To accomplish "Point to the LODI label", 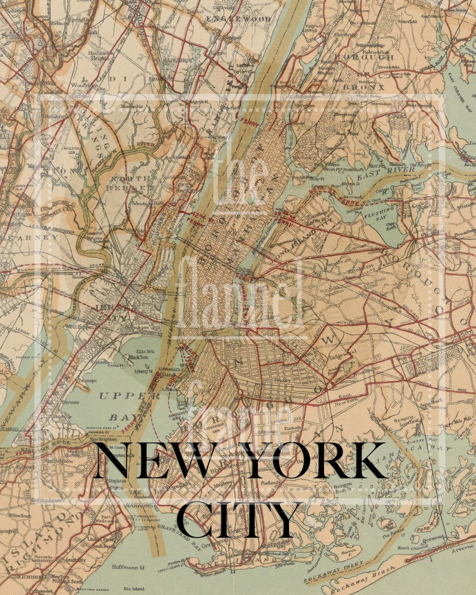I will pos(102,78).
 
